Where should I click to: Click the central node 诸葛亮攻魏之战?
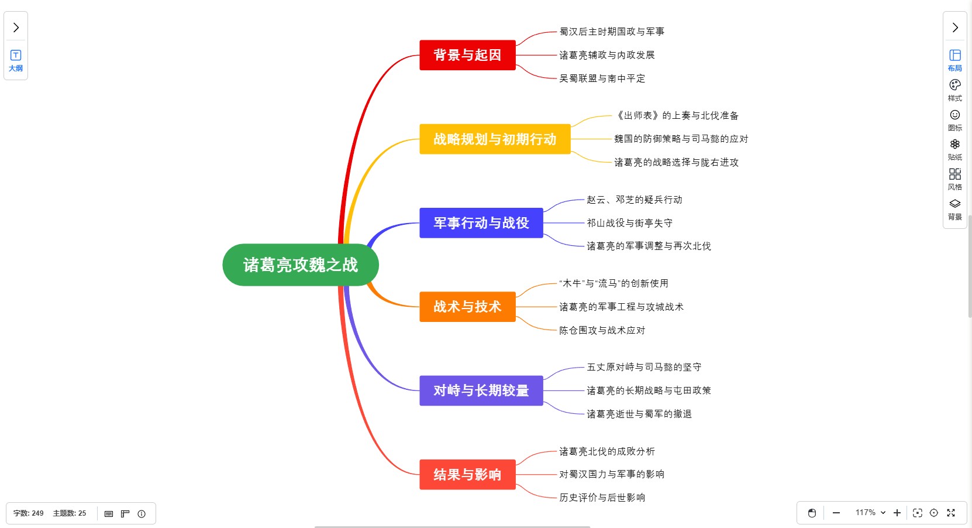coord(300,265)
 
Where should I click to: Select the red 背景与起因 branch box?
coord(467,55)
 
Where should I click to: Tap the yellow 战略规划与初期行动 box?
coord(495,139)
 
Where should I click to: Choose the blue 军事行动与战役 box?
coord(481,223)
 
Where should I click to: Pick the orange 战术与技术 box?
coord(467,307)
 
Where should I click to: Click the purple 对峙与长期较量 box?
coord(481,390)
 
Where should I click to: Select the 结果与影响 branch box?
coord(467,474)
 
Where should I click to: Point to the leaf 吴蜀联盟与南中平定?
coord(602,78)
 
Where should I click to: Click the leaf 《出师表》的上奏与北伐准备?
coord(677,116)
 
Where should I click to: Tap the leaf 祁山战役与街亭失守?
coord(629,223)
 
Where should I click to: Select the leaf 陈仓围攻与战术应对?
coord(602,330)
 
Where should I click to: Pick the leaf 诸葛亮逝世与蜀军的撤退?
coord(639,414)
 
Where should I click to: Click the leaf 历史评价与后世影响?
coord(602,498)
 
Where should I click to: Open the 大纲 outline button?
coord(16,60)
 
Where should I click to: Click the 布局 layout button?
coord(954,60)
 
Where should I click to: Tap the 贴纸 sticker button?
coord(954,149)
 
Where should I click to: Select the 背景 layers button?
coord(954,208)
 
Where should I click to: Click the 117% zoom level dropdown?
coord(870,513)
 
